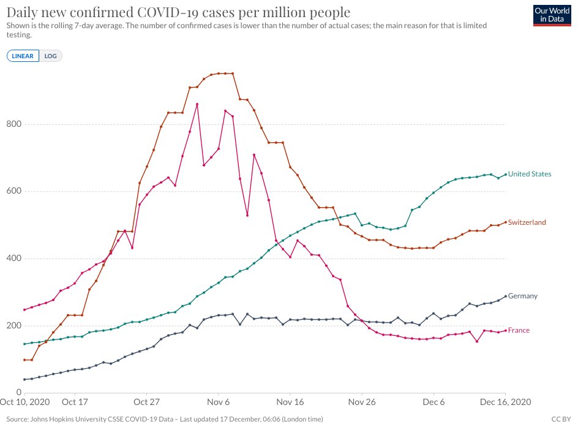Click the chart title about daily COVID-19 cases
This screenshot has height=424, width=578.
(x=178, y=12)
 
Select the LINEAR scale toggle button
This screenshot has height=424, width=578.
(x=23, y=56)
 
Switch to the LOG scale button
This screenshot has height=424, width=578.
(x=51, y=56)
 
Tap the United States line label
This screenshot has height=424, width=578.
(x=530, y=174)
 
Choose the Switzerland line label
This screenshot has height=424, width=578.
(x=527, y=222)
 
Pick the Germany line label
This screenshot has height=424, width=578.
(x=522, y=296)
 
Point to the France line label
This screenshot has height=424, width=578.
(x=519, y=330)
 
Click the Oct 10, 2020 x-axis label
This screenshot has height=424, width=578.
(x=24, y=403)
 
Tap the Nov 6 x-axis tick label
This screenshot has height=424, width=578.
(x=218, y=403)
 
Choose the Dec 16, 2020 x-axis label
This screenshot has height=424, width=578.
(x=505, y=403)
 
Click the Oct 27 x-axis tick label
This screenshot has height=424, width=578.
(x=146, y=403)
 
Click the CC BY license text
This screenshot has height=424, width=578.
(x=561, y=419)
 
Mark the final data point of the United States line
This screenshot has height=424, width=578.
(x=505, y=174)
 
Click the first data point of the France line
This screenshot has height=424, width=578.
(x=24, y=309)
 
